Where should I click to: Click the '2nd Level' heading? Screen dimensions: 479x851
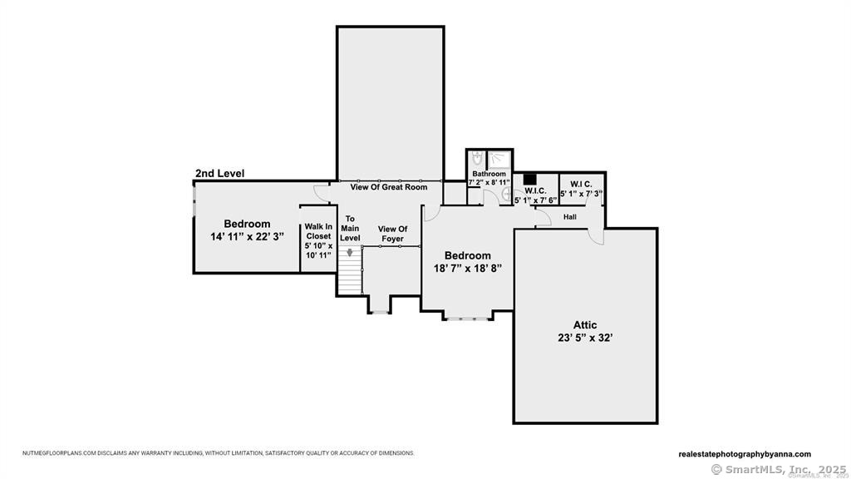click(219, 174)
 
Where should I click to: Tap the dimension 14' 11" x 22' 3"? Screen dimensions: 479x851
click(247, 236)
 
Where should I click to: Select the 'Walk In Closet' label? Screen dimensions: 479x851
click(317, 231)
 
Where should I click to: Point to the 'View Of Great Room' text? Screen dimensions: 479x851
click(388, 187)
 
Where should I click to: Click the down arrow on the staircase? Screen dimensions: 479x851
click(350, 253)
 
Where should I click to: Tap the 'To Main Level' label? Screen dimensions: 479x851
click(350, 229)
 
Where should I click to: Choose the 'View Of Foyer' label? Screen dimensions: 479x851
click(392, 234)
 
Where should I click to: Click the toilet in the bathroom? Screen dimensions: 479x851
click(477, 158)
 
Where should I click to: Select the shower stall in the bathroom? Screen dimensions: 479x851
click(499, 158)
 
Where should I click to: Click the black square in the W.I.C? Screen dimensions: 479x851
click(529, 178)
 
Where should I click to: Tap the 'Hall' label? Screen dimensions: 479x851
click(570, 217)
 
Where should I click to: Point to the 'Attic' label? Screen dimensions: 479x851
click(585, 325)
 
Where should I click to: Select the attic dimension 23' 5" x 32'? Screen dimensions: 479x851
click(585, 338)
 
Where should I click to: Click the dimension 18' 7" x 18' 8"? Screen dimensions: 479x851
click(467, 269)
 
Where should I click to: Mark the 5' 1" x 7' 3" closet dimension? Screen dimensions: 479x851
click(582, 194)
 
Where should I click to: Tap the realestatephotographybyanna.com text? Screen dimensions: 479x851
click(745, 454)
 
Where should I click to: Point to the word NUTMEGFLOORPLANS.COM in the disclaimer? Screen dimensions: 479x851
click(56, 453)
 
